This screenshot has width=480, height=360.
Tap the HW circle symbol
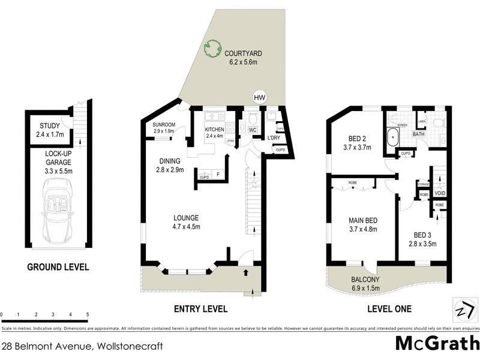(x=259, y=97)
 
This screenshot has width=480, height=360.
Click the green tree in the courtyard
(x=212, y=48)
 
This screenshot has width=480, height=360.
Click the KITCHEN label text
(x=214, y=130)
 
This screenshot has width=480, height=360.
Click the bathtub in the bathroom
(x=392, y=137)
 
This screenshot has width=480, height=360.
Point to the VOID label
(x=440, y=194)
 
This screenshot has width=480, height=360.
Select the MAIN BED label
(x=362, y=220)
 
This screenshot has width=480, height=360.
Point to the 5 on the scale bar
(x=88, y=314)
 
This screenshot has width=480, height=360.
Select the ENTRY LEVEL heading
(x=200, y=309)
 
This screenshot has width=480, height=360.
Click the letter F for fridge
(x=219, y=175)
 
